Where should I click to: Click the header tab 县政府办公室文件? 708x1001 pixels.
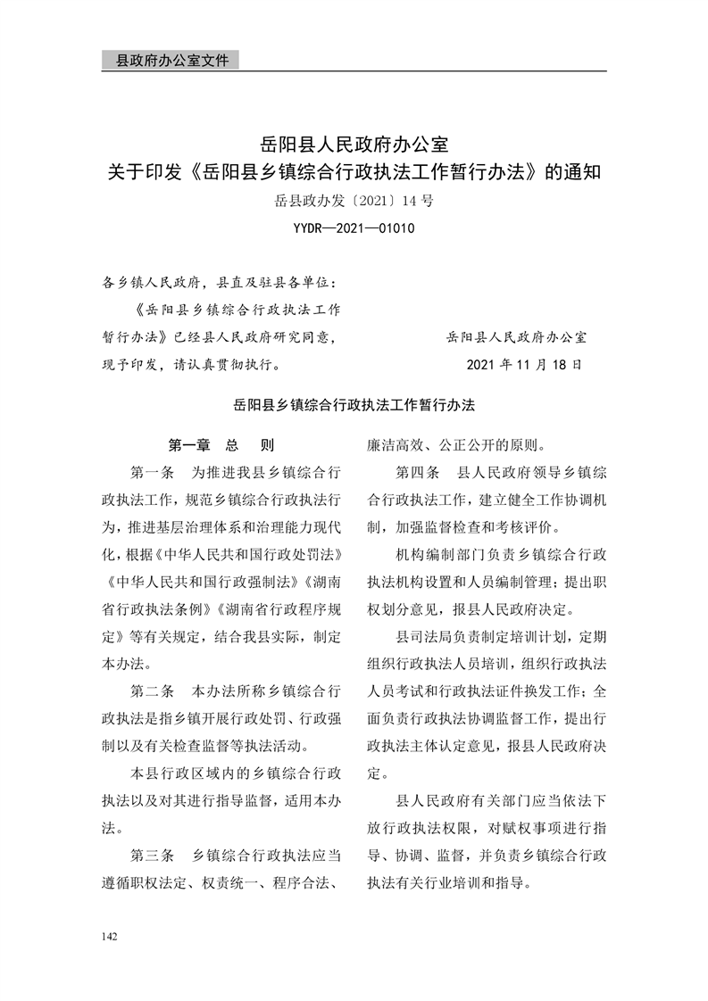pos(166,61)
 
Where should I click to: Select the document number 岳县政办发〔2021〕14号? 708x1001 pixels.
pos(354,202)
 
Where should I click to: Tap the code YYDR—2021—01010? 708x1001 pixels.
pos(354,229)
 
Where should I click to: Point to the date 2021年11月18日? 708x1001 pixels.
pos(524,364)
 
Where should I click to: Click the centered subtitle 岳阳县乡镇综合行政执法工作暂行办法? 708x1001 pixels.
pos(354,403)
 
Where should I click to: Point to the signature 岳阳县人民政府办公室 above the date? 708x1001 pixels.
pos(516,337)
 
